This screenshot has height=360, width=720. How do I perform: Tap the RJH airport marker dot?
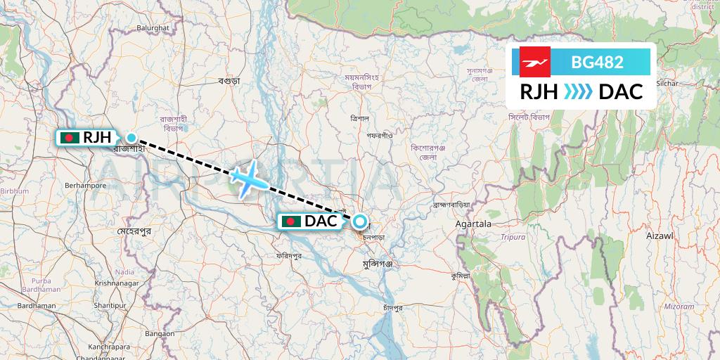(x=131, y=137)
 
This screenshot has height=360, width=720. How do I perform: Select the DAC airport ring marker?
(x=360, y=221)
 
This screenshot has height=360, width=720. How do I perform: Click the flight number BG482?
(x=597, y=62)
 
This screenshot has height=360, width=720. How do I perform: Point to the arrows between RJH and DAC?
(x=579, y=92)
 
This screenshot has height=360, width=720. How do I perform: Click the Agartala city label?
(x=473, y=224)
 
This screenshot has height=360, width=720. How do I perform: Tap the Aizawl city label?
(x=660, y=236)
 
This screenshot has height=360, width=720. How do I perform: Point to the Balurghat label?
(x=153, y=27)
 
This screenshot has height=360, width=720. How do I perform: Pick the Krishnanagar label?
(x=116, y=282)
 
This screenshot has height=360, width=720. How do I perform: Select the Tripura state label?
(x=514, y=237)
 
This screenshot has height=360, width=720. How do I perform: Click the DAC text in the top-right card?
(x=621, y=92)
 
